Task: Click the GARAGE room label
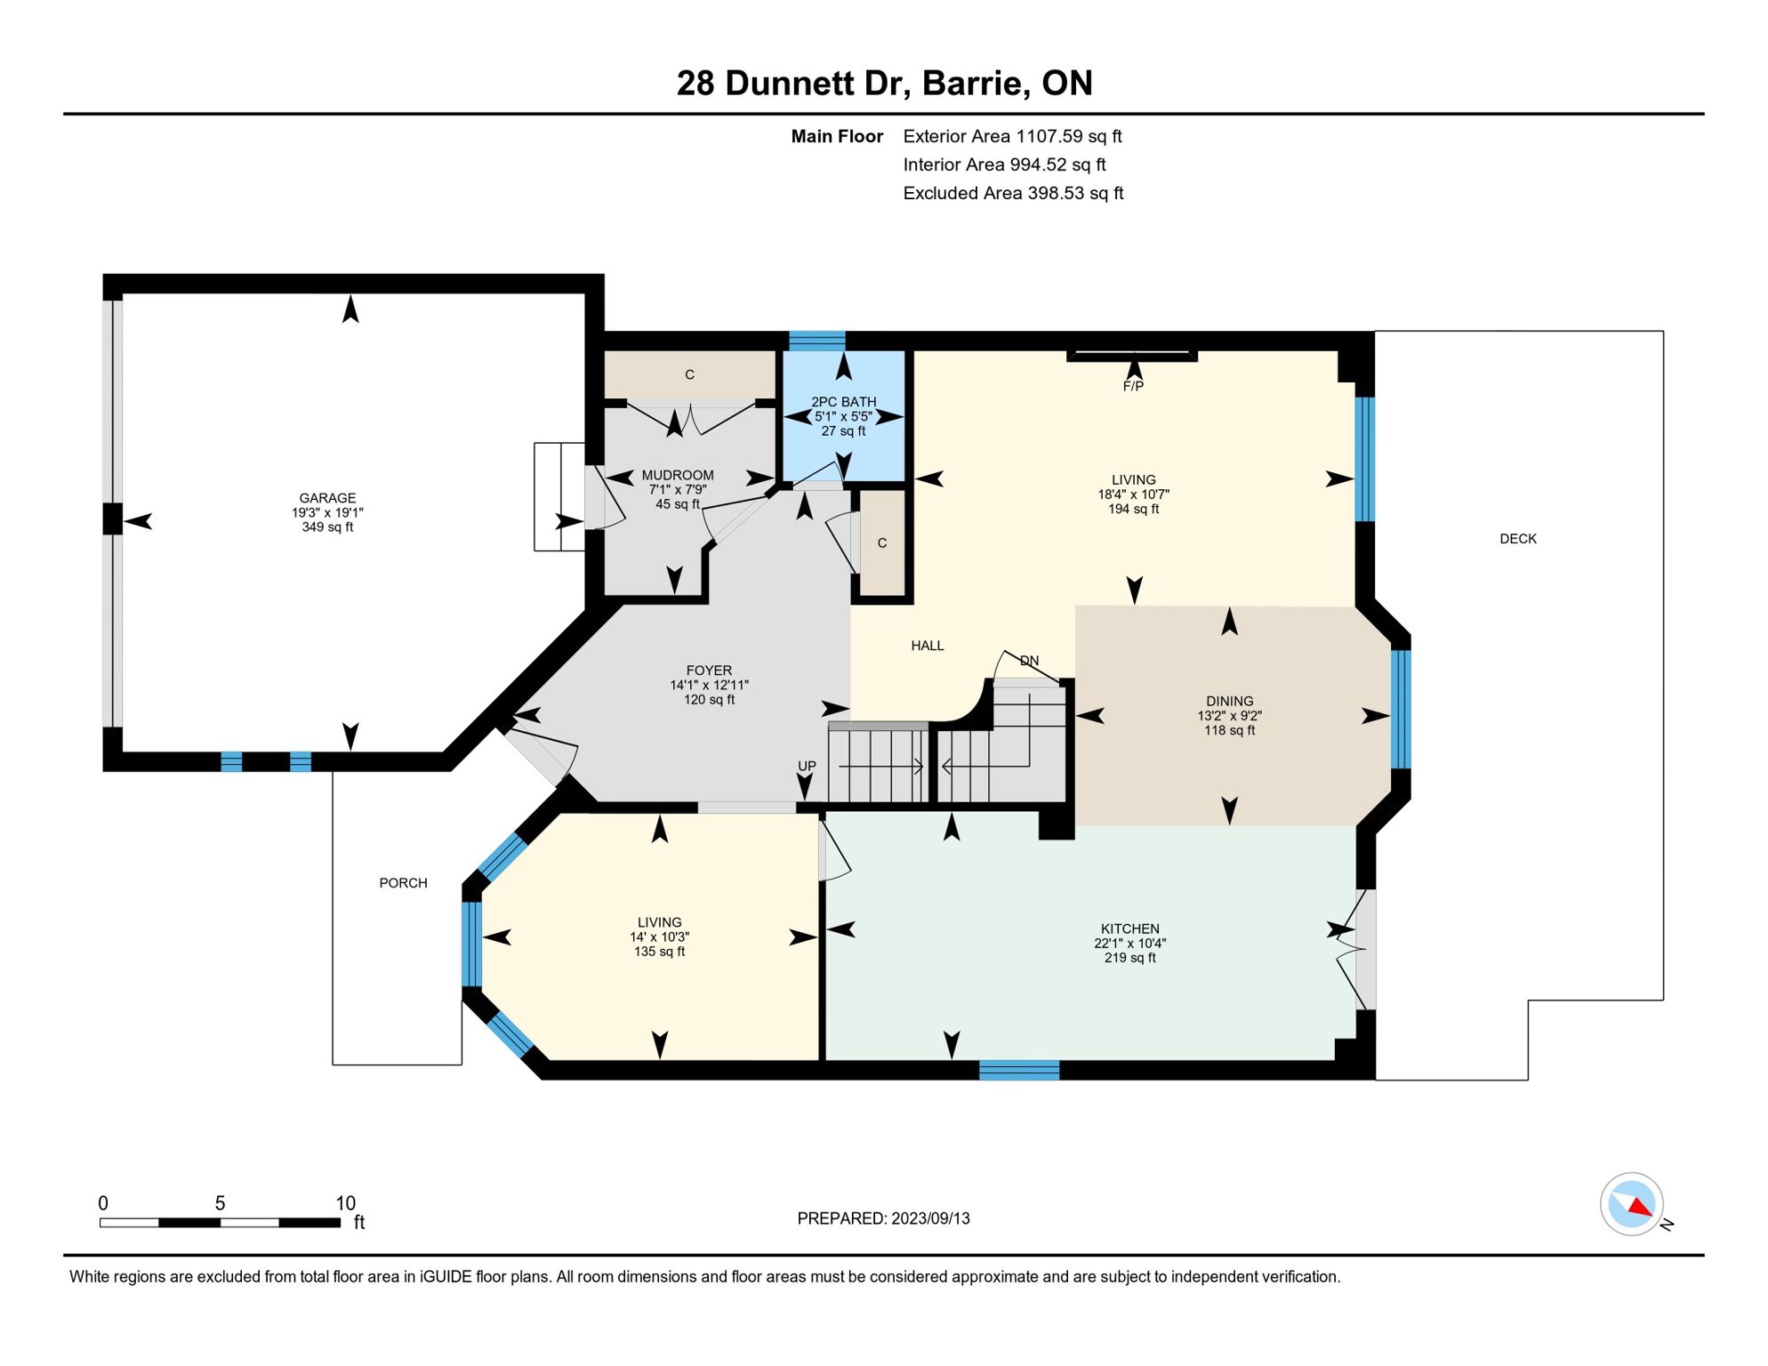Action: tap(327, 498)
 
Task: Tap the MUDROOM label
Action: tap(678, 475)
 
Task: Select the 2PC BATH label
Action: tap(843, 402)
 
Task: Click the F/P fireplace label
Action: tap(1133, 386)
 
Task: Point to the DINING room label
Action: tap(1230, 701)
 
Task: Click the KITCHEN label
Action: tap(1129, 928)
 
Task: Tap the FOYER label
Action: tap(709, 671)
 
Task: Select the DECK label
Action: tap(1518, 539)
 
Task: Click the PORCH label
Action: tap(403, 883)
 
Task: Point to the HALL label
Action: tap(928, 646)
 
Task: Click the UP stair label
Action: tap(807, 766)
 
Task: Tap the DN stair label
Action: tap(1029, 661)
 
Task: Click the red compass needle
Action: tap(1641, 1207)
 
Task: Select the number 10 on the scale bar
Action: tap(345, 1203)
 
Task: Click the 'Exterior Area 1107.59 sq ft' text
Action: tap(1012, 136)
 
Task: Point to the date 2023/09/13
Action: tap(930, 1218)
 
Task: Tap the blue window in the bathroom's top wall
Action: tap(816, 341)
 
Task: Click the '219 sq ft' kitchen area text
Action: tap(1129, 958)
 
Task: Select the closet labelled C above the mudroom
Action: tap(689, 375)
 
